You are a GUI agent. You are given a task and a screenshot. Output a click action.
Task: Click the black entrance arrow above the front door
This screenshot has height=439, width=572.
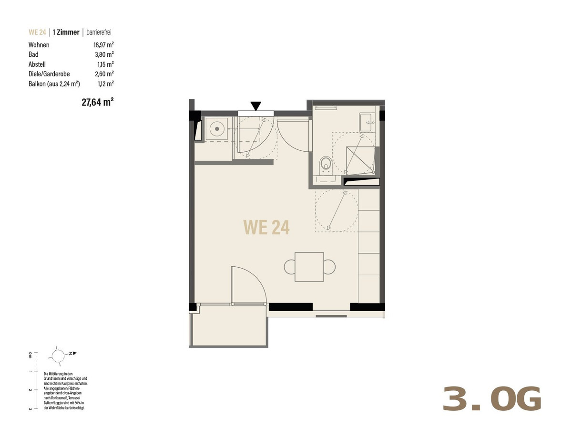tap(255, 106)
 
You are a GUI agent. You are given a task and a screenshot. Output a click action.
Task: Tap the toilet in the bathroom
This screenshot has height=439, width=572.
tap(326, 165)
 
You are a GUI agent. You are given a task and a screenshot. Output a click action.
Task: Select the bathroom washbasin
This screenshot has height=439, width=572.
tap(367, 123)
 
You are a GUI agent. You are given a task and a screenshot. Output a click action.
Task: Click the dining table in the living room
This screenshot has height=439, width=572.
tap(309, 267)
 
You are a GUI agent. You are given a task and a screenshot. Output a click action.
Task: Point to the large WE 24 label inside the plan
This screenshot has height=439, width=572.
tap(266, 228)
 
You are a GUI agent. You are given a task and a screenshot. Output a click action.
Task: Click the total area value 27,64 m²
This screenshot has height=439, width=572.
tap(98, 102)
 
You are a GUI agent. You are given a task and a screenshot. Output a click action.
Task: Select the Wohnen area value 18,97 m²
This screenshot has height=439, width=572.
tap(104, 45)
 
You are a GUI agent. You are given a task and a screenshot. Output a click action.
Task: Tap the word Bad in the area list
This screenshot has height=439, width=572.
tap(33, 54)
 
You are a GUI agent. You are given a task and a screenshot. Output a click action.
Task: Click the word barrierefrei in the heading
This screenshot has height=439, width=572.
tap(99, 32)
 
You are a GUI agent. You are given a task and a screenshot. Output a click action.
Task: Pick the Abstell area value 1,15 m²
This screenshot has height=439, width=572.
tap(105, 64)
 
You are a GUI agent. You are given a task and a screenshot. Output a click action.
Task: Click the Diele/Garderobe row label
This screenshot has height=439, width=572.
tap(49, 74)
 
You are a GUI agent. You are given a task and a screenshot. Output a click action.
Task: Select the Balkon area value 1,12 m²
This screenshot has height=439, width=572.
tap(105, 84)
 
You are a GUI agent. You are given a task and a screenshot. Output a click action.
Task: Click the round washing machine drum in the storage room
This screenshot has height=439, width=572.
tap(217, 129)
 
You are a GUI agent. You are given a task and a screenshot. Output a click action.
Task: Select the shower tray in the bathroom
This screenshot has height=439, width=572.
tap(360, 160)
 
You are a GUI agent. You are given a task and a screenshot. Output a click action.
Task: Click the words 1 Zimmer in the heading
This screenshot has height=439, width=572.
tap(66, 32)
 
